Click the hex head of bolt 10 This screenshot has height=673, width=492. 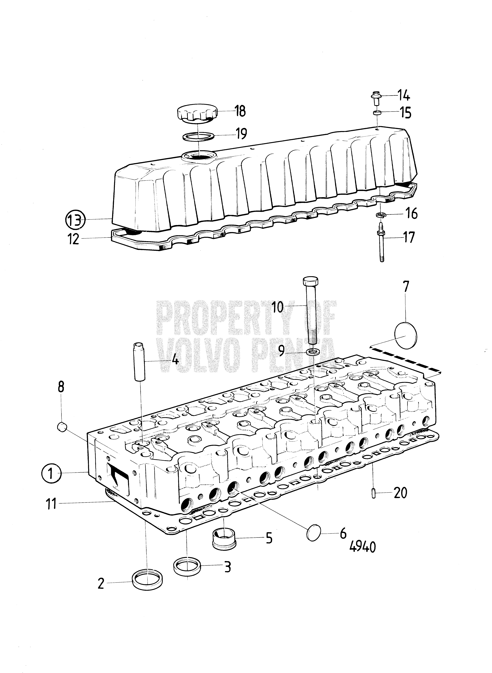click(311, 281)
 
